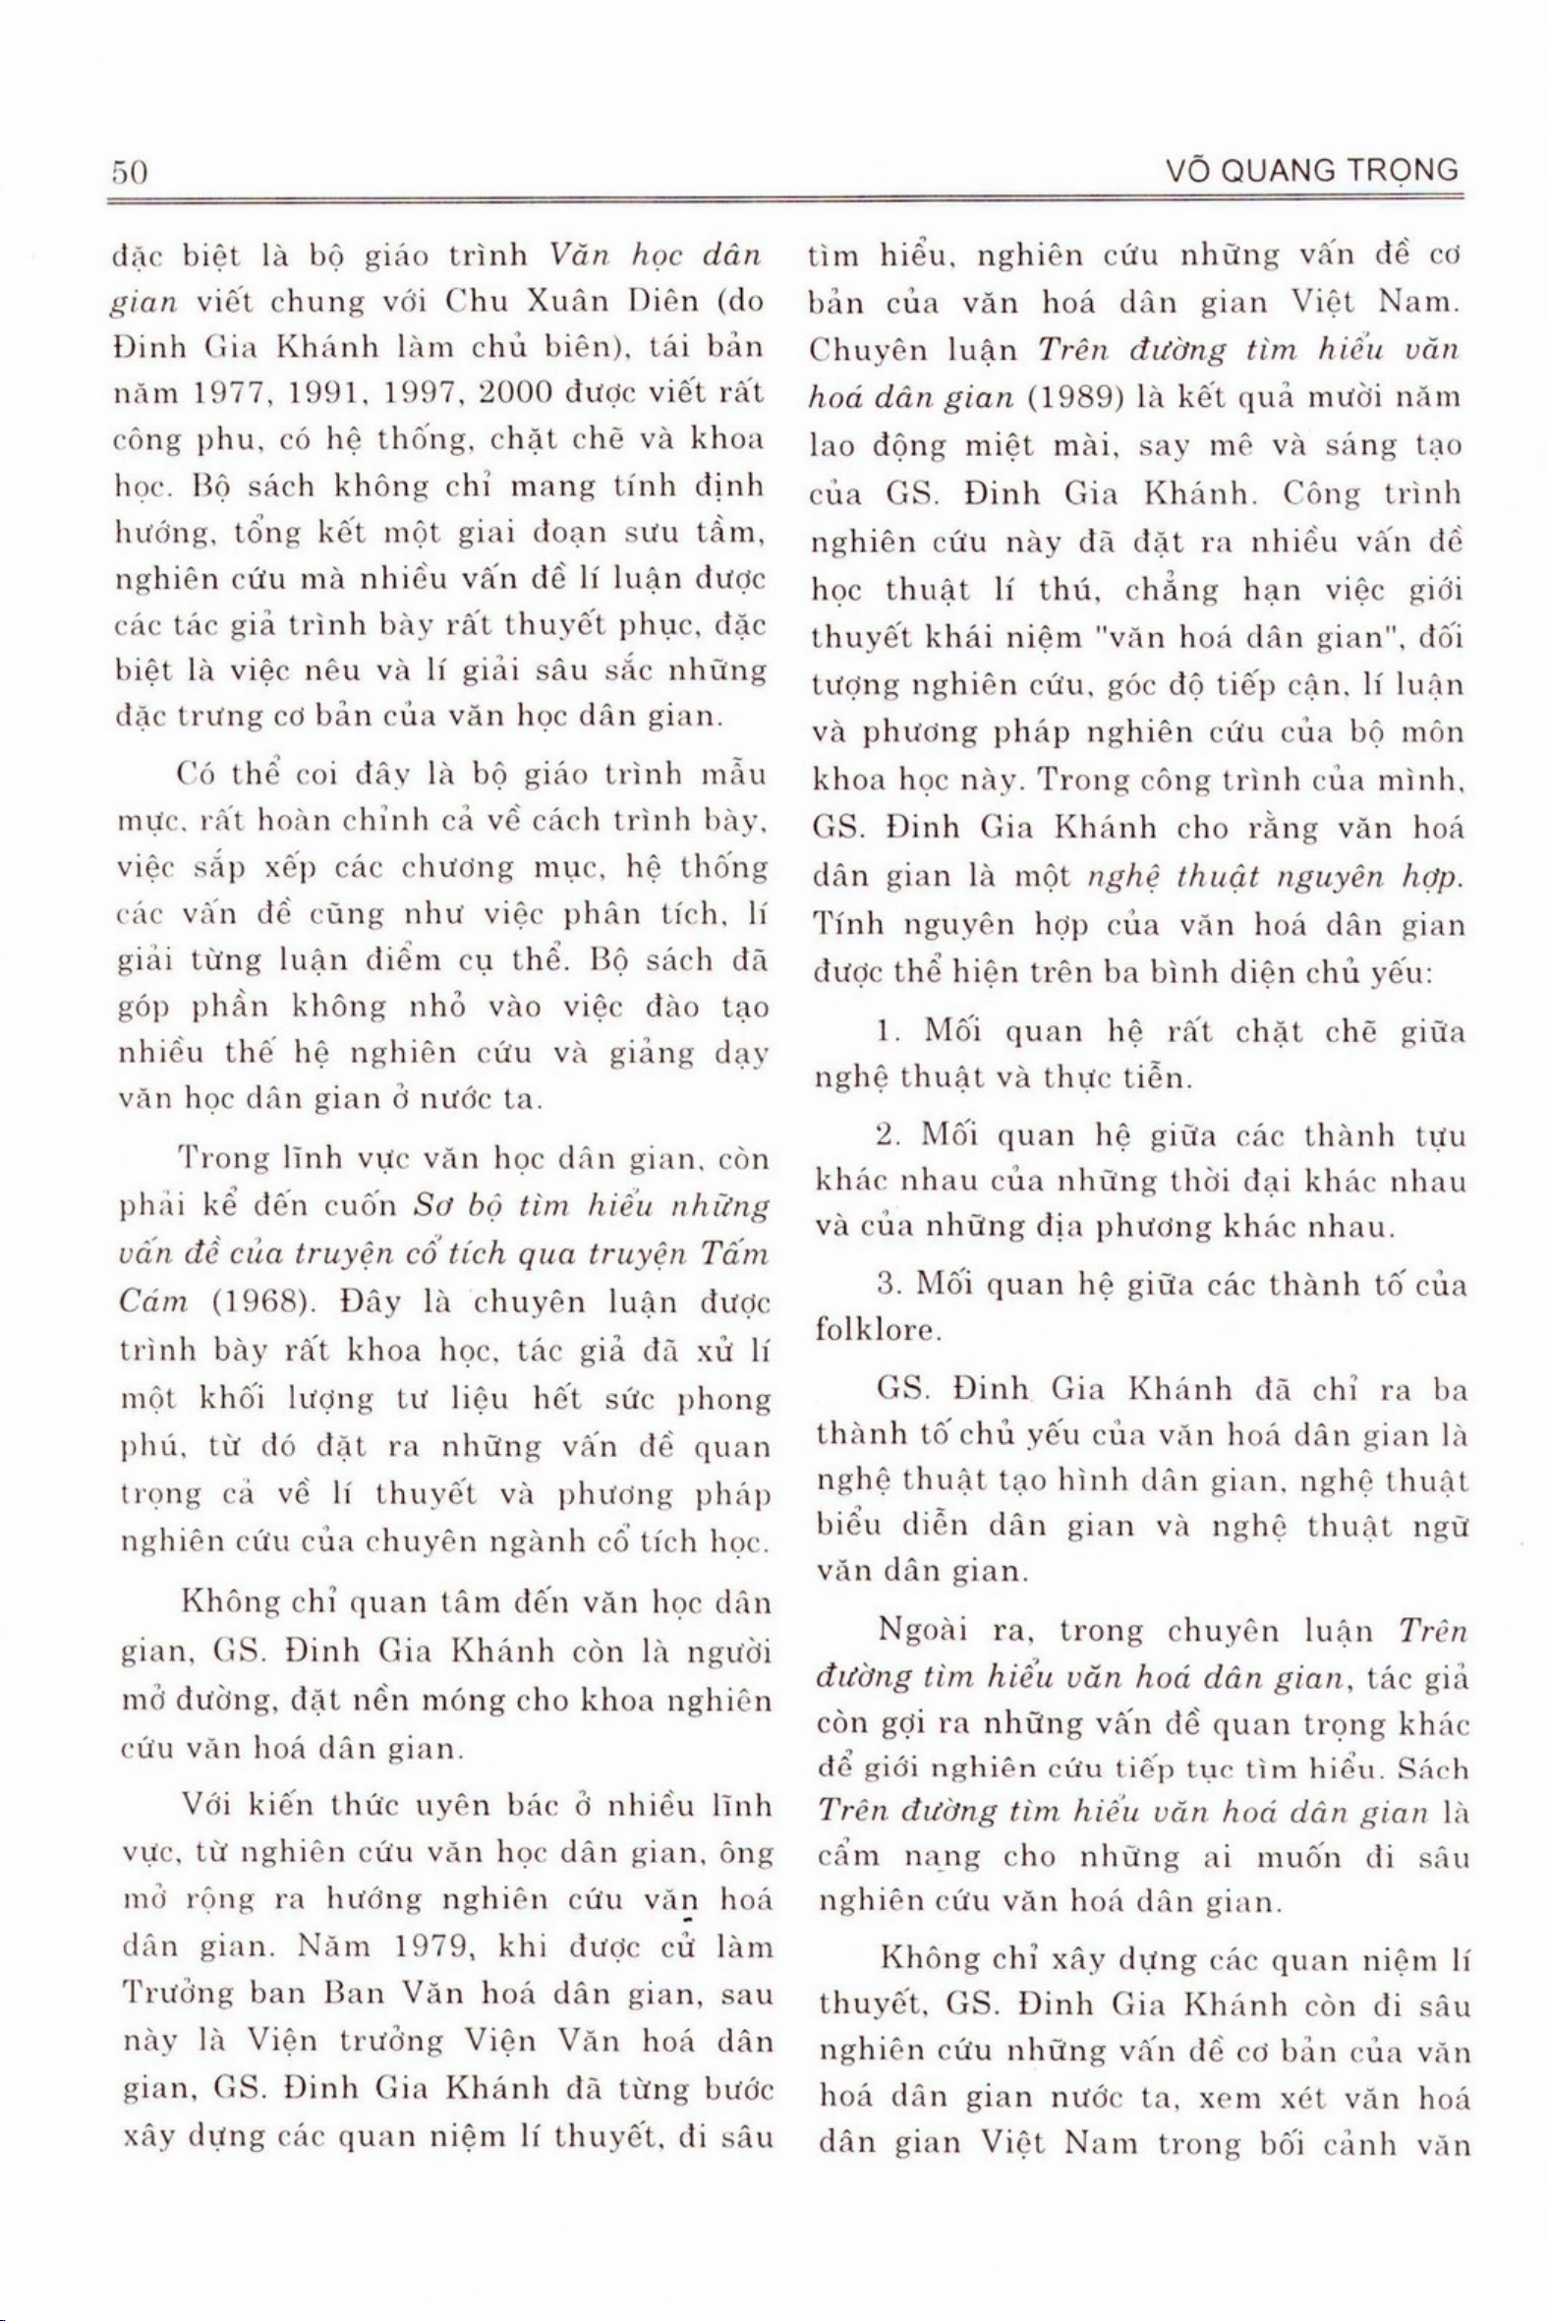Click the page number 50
tap(130, 172)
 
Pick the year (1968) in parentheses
tap(258, 1302)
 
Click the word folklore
tap(876, 1331)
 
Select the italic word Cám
tap(152, 1302)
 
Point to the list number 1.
tap(885, 1032)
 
